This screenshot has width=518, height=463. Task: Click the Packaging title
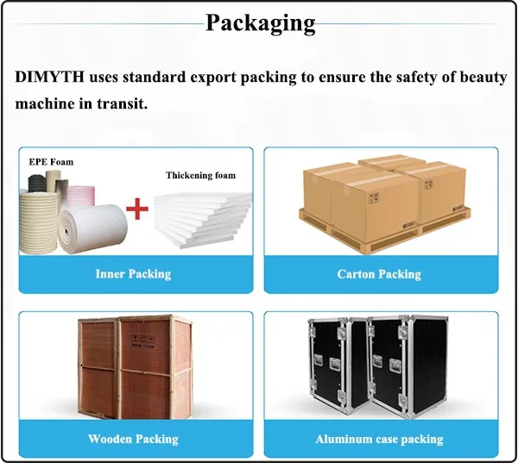260,22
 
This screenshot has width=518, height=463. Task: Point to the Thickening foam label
200,175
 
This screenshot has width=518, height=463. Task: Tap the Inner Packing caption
133,274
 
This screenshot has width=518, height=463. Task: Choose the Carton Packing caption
379,274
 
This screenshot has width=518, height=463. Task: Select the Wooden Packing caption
133,439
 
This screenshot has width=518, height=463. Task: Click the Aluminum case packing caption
379,439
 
